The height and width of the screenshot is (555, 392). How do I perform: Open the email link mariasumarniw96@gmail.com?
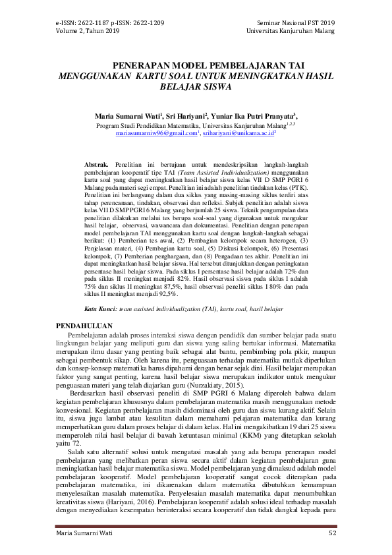pos(157,132)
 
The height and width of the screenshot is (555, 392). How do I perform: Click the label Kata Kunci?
pos(101,308)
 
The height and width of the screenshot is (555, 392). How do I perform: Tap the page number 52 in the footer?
pos(332,532)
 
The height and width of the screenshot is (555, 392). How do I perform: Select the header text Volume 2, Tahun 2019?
pos(88,31)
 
